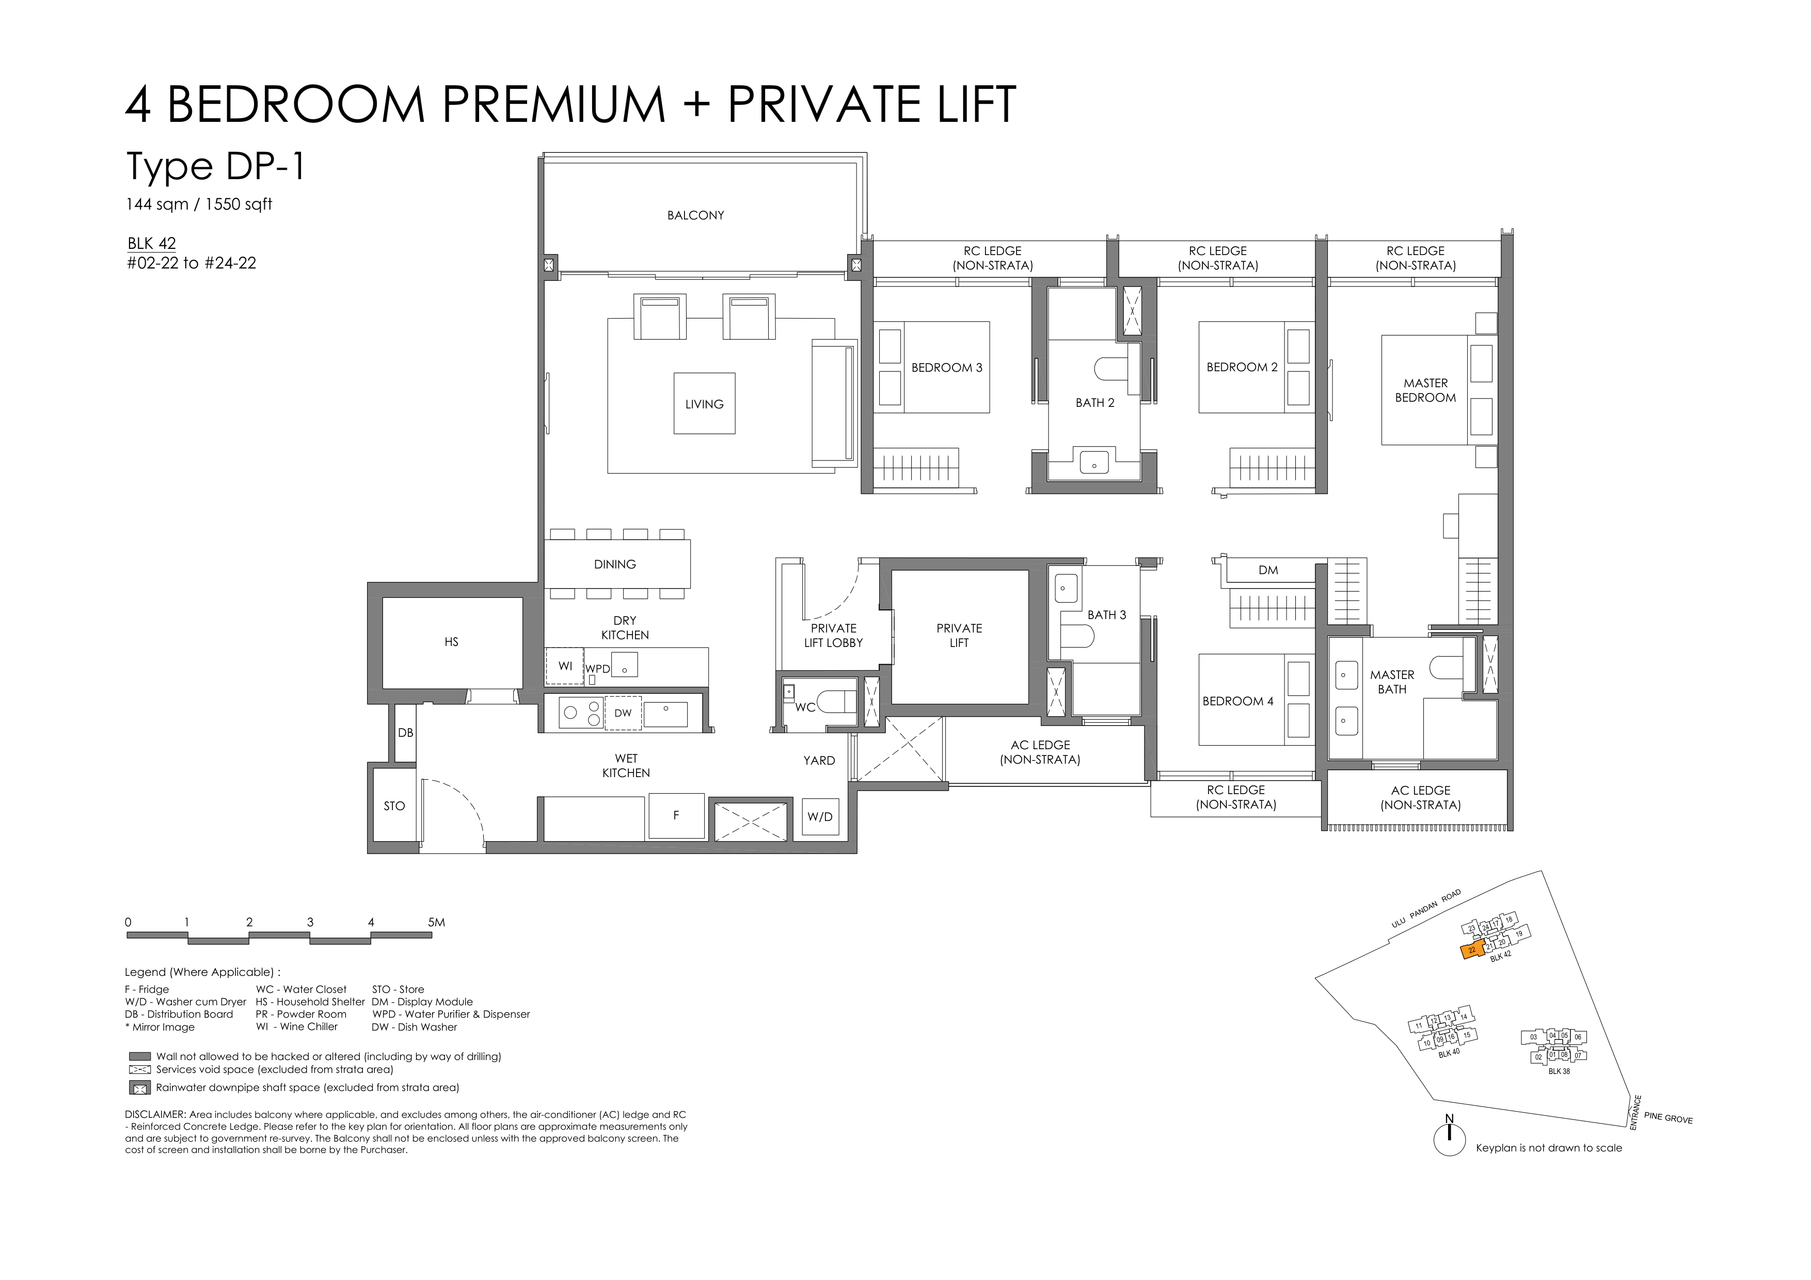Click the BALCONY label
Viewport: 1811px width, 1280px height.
point(695,215)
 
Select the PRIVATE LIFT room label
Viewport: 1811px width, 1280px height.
point(959,636)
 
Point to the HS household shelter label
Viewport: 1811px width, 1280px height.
point(451,642)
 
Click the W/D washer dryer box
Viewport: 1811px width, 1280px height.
point(819,817)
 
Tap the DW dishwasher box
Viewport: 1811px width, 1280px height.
point(623,713)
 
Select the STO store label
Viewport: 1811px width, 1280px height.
point(394,806)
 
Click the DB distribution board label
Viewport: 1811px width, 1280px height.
point(405,733)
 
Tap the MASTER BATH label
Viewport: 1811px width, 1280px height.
point(1392,682)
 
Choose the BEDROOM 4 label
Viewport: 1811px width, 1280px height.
point(1237,701)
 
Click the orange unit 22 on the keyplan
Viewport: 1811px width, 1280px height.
point(1473,951)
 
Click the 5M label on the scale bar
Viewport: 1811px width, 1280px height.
point(436,922)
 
